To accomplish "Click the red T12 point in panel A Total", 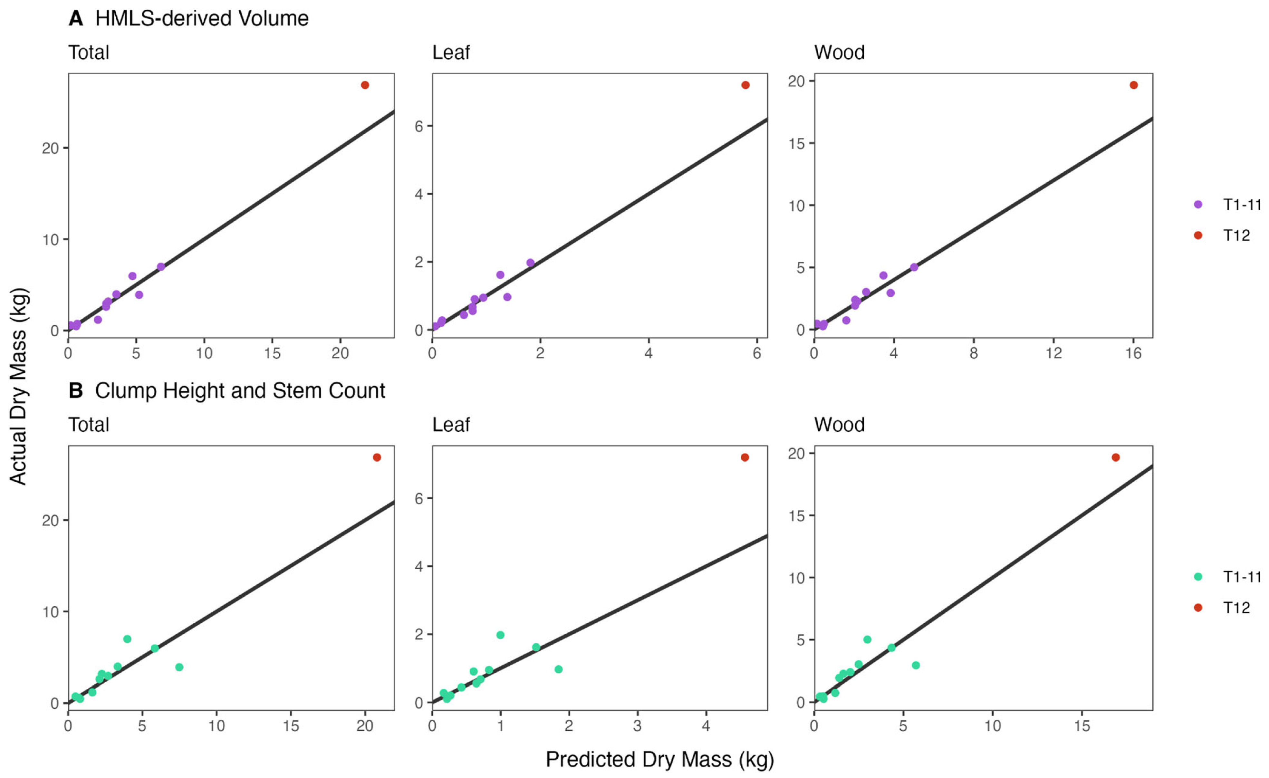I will pos(365,85).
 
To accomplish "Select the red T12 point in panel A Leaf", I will pos(745,85).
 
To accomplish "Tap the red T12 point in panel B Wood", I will pos(1116,457).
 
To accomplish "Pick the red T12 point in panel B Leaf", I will pos(745,457).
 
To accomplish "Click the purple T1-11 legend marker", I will pos(1198,205).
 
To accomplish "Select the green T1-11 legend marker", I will pos(1198,577).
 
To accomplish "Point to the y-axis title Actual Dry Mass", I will pos(19,386).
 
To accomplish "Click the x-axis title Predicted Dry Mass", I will pos(660,759).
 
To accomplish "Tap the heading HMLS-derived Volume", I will pos(202,19).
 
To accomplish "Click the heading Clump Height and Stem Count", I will pos(240,391).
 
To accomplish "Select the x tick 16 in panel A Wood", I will pos(1134,353).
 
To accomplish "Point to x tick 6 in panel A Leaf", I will pos(756,353).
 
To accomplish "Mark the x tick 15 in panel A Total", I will pos(273,353).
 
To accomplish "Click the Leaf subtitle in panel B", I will pos(451,425).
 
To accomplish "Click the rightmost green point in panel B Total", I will pos(179,667).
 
